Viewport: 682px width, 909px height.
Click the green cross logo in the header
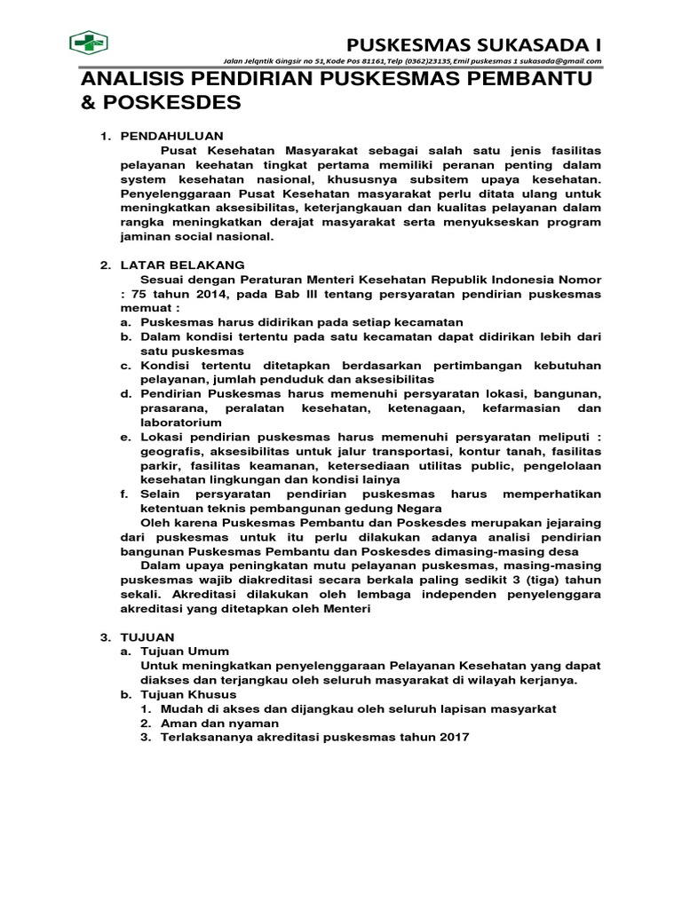click(x=89, y=43)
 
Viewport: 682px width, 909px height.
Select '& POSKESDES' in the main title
click(x=161, y=102)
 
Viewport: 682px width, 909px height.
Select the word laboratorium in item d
click(x=180, y=423)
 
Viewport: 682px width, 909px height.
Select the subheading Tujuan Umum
click(x=185, y=652)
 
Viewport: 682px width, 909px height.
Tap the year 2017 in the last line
click(x=452, y=738)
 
